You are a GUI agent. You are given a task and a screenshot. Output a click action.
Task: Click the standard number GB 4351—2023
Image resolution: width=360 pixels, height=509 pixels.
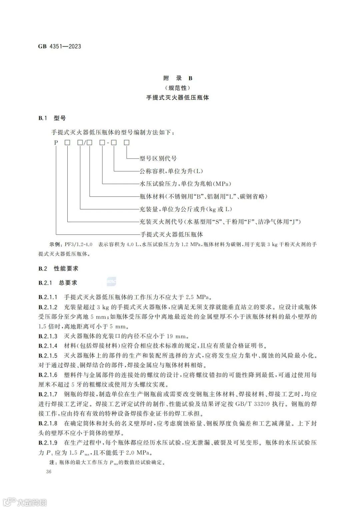click(x=60, y=46)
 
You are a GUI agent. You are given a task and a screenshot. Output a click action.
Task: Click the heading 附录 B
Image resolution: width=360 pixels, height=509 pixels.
click(x=178, y=78)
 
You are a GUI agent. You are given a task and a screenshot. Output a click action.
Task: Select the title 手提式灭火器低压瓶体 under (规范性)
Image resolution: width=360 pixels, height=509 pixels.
click(x=178, y=98)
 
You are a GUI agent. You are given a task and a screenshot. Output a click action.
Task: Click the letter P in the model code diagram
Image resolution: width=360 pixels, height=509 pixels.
click(x=56, y=143)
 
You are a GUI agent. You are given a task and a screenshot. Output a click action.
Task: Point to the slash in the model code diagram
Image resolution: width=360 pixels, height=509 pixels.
click(x=85, y=143)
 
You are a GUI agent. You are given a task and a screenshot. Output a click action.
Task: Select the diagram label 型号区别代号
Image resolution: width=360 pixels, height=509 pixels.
click(x=158, y=159)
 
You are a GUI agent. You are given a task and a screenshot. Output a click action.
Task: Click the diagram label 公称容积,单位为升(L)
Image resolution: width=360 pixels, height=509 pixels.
click(x=171, y=171)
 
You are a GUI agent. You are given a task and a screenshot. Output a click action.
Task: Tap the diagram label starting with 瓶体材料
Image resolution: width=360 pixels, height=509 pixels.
click(x=203, y=197)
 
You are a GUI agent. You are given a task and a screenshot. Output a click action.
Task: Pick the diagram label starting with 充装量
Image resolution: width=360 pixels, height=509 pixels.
click(x=186, y=209)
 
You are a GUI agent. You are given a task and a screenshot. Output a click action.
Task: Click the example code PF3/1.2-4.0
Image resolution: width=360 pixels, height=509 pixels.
click(x=79, y=245)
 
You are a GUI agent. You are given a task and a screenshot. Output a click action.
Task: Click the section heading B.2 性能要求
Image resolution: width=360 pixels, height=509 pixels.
click(x=58, y=268)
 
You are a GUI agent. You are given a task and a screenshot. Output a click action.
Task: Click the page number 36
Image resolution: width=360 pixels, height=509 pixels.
click(x=49, y=472)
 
